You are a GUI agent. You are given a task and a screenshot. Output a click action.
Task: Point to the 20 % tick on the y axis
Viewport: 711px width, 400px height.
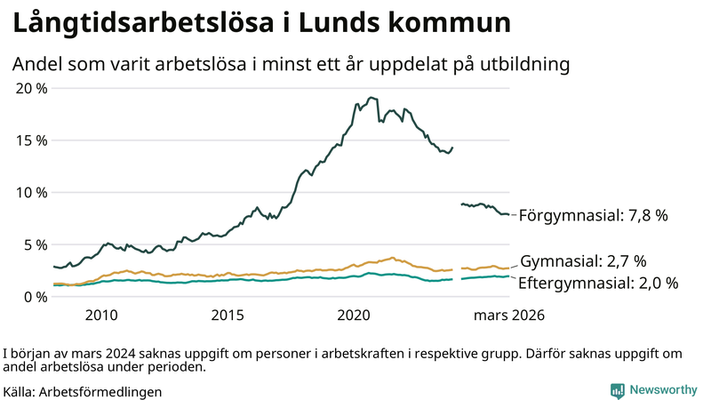(x=32, y=88)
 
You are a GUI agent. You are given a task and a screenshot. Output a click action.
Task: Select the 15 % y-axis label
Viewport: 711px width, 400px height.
(x=32, y=140)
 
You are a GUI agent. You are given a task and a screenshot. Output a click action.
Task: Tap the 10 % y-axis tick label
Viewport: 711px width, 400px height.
(x=32, y=192)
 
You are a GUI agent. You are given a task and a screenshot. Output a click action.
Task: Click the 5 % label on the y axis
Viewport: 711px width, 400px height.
(x=36, y=244)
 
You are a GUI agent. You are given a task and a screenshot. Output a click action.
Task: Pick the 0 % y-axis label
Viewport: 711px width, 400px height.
(x=36, y=297)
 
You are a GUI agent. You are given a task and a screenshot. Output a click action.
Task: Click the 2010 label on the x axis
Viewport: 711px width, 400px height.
(x=101, y=315)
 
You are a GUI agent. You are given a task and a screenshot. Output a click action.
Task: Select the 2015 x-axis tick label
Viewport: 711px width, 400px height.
(x=228, y=315)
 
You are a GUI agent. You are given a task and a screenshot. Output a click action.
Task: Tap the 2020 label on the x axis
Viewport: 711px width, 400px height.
(x=355, y=315)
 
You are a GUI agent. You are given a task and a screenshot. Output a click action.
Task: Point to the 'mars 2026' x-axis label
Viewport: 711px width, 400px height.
(x=509, y=315)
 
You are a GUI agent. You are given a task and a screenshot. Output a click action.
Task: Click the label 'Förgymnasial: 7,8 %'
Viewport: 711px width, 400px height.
(x=593, y=215)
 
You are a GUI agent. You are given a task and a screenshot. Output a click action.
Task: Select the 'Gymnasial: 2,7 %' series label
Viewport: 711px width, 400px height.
(x=583, y=261)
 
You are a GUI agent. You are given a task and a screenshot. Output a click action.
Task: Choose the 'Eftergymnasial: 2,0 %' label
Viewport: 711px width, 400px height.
(x=598, y=283)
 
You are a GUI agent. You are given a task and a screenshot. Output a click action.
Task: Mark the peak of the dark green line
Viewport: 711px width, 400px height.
(x=371, y=98)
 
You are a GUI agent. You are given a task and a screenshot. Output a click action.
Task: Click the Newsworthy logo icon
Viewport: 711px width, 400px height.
(x=617, y=389)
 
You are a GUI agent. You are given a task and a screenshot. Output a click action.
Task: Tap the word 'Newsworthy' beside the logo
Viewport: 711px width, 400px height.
(x=663, y=389)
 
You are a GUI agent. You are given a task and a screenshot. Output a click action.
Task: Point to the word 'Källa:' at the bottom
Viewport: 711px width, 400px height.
(x=20, y=391)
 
